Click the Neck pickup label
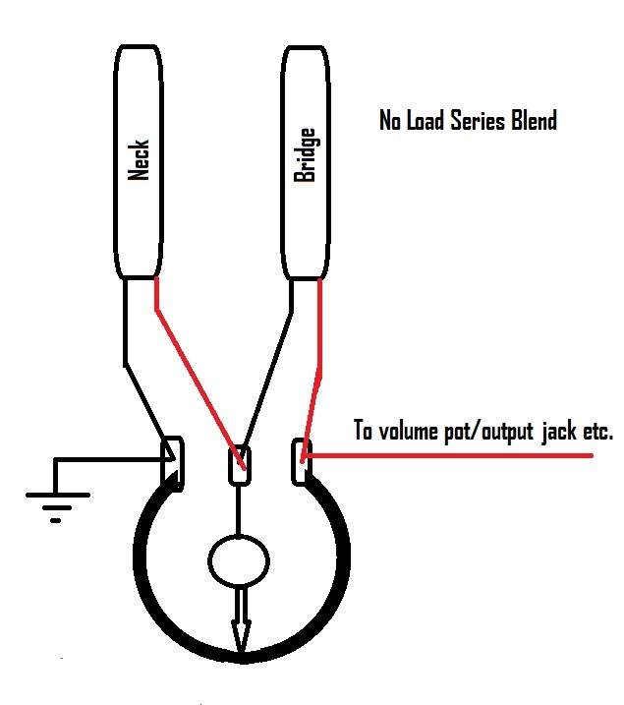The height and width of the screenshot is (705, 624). pos(139,160)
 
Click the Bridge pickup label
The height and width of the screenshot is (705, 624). pos(305,155)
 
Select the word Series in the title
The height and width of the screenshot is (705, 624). pos(478,121)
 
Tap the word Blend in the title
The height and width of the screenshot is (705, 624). pos(535,121)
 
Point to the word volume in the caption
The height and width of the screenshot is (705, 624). pos(408,432)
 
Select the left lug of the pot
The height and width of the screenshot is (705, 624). pos(173,463)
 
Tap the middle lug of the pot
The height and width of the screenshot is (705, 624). pos(240,465)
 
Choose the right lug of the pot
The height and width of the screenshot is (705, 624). pos(301,462)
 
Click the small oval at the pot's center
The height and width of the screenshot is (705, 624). pos(239,561)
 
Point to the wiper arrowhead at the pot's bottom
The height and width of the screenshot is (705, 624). pos(241,636)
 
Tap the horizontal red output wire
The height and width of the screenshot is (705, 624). pos(449,455)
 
